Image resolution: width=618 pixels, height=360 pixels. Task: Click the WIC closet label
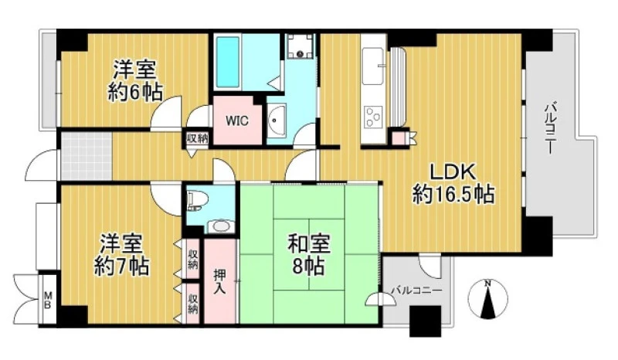click(237, 121)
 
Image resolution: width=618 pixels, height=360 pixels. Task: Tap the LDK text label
click(452, 172)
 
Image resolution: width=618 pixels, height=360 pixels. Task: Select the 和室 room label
click(308, 243)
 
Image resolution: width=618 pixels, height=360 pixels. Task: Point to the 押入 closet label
click(219, 281)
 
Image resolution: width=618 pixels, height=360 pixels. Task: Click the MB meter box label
click(48, 300)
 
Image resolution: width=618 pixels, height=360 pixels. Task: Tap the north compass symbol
click(488, 298)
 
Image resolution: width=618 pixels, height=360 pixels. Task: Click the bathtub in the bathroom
click(228, 62)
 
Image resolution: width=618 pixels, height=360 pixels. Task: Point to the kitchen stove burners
click(373, 117)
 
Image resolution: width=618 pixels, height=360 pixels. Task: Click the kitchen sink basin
click(373, 66)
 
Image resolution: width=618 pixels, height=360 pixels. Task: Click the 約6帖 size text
click(134, 93)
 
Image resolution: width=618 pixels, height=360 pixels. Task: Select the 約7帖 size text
click(121, 267)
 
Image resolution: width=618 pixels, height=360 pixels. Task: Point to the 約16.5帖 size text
click(453, 194)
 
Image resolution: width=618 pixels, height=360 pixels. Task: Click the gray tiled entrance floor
click(87, 156)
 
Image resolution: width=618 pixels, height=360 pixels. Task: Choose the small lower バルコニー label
click(416, 291)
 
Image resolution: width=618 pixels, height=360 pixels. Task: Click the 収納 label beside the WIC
click(197, 138)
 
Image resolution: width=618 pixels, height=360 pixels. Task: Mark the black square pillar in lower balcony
click(426, 321)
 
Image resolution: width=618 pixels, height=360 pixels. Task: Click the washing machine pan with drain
click(301, 46)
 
